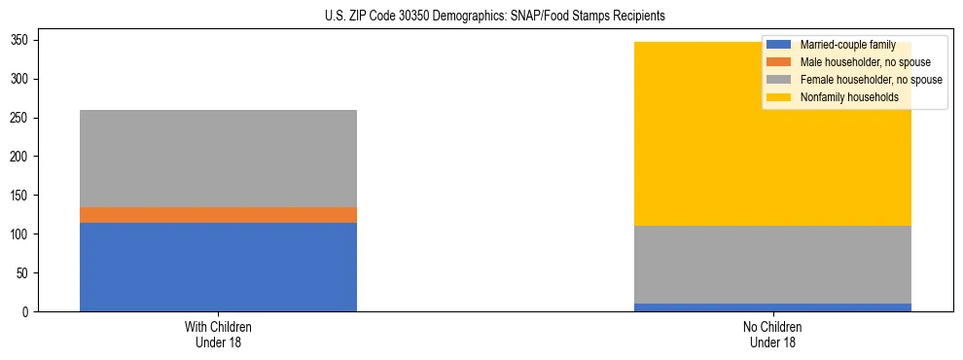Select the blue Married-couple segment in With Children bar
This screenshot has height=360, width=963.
coord(218,267)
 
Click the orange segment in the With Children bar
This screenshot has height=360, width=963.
coord(218,215)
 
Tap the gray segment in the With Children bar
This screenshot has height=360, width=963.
coord(218,159)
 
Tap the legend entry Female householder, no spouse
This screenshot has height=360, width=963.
coord(856,80)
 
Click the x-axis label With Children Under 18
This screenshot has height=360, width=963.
coord(218,335)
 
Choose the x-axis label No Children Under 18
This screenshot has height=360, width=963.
coord(772,335)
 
